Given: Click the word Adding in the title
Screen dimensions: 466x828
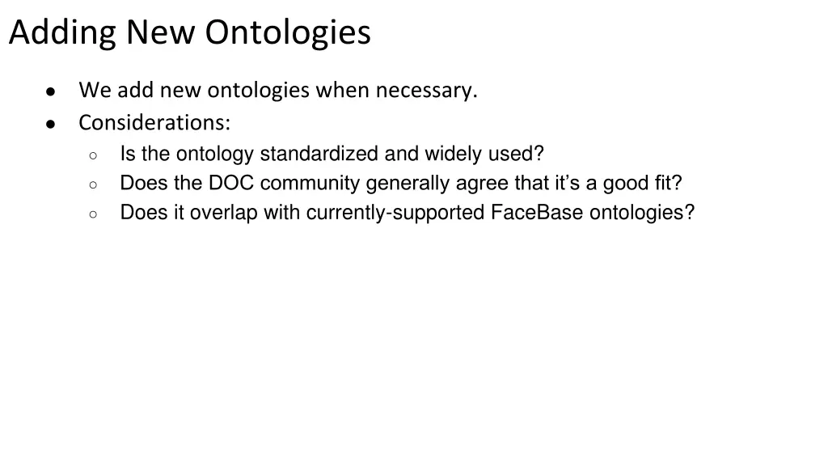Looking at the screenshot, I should point(62,34).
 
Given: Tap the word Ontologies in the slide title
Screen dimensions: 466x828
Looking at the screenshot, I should point(287,34).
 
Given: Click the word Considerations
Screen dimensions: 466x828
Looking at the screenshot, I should point(154,123).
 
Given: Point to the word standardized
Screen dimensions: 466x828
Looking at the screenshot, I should point(319,154).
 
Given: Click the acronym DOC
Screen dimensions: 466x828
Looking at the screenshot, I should point(231,184).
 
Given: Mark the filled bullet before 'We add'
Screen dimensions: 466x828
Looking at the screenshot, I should point(50,91).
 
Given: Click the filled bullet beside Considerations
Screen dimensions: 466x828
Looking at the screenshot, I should point(50,124).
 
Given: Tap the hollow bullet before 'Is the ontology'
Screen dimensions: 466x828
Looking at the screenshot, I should point(94,155).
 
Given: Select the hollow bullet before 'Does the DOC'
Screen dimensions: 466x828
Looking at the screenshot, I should point(94,184).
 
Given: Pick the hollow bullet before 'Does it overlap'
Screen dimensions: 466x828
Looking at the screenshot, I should point(94,214).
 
